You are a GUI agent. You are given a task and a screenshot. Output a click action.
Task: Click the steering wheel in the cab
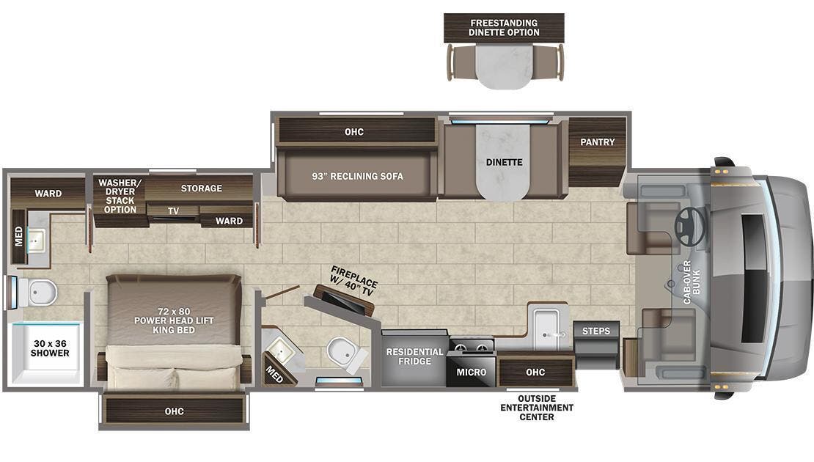coord(689,227)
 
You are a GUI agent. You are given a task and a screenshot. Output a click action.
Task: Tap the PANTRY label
coord(598,142)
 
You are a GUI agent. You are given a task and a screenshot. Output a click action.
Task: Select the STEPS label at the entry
coord(596,331)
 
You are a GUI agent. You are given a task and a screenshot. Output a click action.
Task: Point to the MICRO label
coord(472,372)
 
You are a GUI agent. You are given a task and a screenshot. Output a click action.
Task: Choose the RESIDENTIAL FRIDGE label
coord(414,357)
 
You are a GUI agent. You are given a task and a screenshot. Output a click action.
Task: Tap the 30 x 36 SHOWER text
coord(51,348)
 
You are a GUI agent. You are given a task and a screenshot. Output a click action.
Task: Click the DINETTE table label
coord(504,162)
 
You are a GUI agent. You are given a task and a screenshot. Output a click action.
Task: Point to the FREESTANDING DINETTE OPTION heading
coord(504,28)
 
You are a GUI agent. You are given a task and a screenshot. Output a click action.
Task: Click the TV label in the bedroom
coord(173,210)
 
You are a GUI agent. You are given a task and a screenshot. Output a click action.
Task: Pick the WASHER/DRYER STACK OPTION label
coord(120,196)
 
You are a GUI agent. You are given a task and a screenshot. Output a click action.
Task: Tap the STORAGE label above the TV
coord(202,188)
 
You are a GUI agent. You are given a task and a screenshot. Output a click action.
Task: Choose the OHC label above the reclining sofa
coord(355,132)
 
